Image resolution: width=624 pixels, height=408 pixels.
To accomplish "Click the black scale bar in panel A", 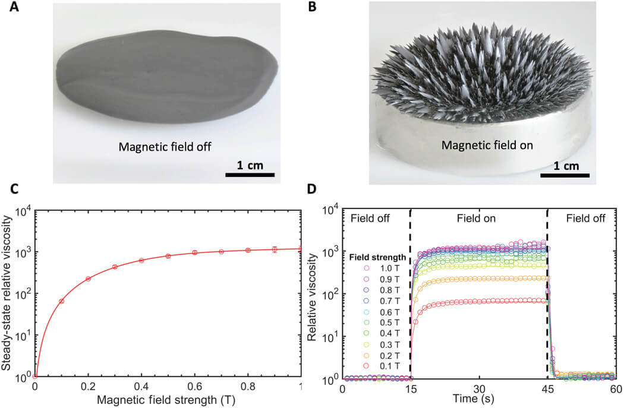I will (x=250, y=175).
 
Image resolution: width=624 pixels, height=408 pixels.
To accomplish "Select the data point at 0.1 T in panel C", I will (x=62, y=301).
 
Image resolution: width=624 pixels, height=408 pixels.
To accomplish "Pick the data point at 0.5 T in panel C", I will (x=168, y=256).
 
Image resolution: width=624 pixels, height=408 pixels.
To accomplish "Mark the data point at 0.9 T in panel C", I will (x=275, y=249).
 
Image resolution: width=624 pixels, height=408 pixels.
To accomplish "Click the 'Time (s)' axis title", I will (x=479, y=397).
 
